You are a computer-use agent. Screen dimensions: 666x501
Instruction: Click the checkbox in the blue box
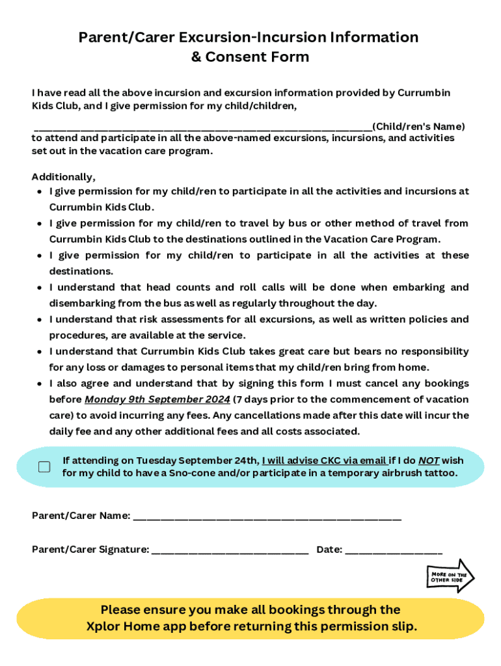click(x=44, y=467)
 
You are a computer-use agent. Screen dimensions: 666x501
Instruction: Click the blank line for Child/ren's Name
click(x=202, y=127)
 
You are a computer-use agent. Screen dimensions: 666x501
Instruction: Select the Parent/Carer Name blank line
click(x=267, y=518)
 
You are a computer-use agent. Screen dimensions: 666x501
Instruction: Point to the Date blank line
click(x=394, y=552)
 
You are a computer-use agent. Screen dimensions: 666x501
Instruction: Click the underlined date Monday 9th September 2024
click(x=157, y=399)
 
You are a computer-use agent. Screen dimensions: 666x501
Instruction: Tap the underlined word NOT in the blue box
click(x=429, y=460)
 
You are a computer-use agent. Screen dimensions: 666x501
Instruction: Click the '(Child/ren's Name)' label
click(x=418, y=126)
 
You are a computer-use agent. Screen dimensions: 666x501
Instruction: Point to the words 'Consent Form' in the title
click(x=257, y=57)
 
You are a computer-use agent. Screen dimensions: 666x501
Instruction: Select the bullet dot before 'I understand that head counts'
click(x=40, y=287)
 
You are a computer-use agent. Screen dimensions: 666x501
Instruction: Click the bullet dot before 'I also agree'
click(x=40, y=384)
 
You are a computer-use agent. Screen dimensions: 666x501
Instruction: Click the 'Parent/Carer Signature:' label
click(x=90, y=550)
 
